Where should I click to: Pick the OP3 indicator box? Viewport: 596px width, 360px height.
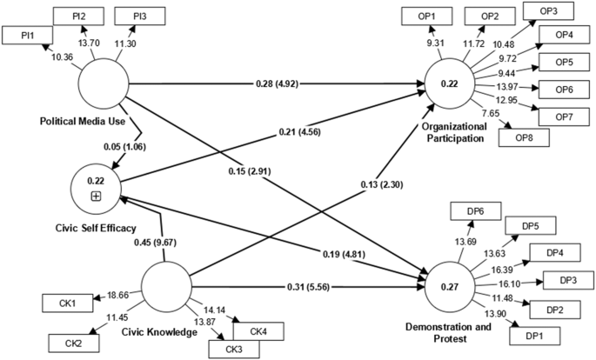pos(548,10)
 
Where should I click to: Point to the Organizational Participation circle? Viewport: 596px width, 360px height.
pos(449,84)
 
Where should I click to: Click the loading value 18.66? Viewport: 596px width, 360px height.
pos(117,296)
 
